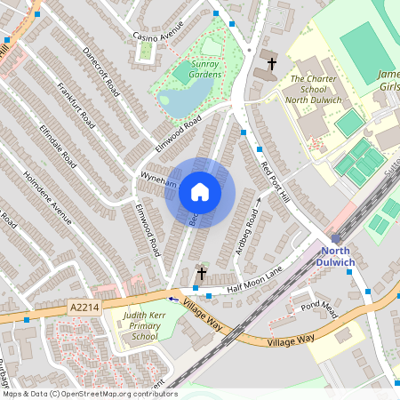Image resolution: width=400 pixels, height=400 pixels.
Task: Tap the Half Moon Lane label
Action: tap(254, 282)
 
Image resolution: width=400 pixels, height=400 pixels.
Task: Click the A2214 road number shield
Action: tap(81, 307)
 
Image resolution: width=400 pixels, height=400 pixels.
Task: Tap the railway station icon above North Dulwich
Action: tap(335, 238)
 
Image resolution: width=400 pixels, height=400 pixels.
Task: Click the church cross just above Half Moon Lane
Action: tap(202, 274)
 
